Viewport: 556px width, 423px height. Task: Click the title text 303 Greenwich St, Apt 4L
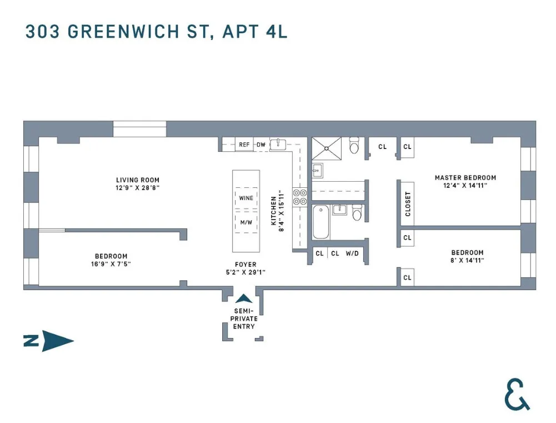pos(157,31)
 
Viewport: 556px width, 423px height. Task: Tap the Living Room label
pos(137,180)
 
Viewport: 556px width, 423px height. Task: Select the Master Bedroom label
pos(465,178)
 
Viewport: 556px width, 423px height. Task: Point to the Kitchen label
pos(273,210)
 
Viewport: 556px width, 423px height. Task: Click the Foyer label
pos(245,265)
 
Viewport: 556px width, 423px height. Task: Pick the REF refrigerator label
pos(244,145)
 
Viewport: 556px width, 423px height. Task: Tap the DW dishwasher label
pos(261,145)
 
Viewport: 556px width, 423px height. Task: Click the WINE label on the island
pos(246,198)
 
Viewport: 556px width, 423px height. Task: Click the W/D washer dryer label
pos(352,253)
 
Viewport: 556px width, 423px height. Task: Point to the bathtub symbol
pos(320,221)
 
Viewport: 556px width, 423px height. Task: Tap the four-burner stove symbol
pos(300,197)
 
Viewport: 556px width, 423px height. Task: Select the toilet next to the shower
pos(354,146)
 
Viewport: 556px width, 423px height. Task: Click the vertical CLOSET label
pos(408,204)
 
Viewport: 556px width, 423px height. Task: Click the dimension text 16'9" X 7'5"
pos(111,264)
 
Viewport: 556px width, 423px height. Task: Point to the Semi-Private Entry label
pos(244,319)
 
